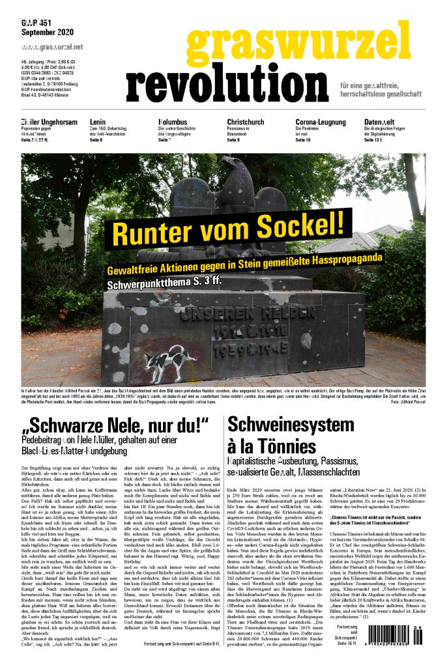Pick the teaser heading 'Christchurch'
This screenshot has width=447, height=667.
pos(246,122)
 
